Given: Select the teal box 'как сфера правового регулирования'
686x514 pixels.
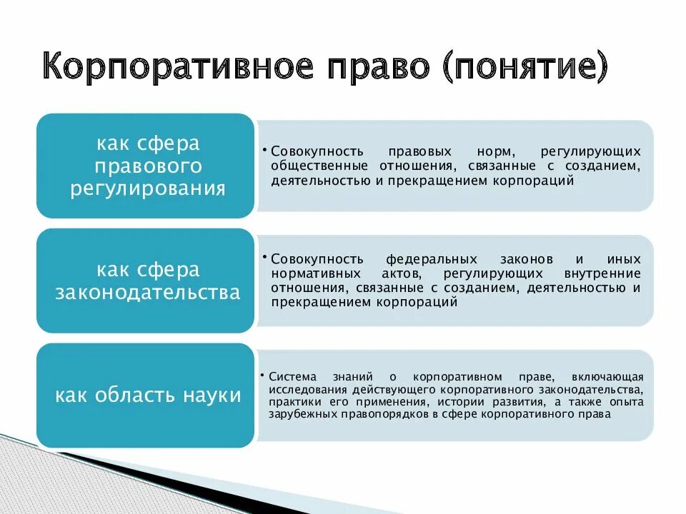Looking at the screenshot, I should click(145, 166).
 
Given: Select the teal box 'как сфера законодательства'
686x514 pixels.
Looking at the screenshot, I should click(145, 281).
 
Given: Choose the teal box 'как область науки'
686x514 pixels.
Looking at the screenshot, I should click(145, 395).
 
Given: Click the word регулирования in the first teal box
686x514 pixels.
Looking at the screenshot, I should click(148, 189).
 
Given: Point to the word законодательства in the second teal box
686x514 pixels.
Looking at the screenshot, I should click(148, 293).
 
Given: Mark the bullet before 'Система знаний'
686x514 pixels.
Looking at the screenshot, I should click(264, 374).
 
